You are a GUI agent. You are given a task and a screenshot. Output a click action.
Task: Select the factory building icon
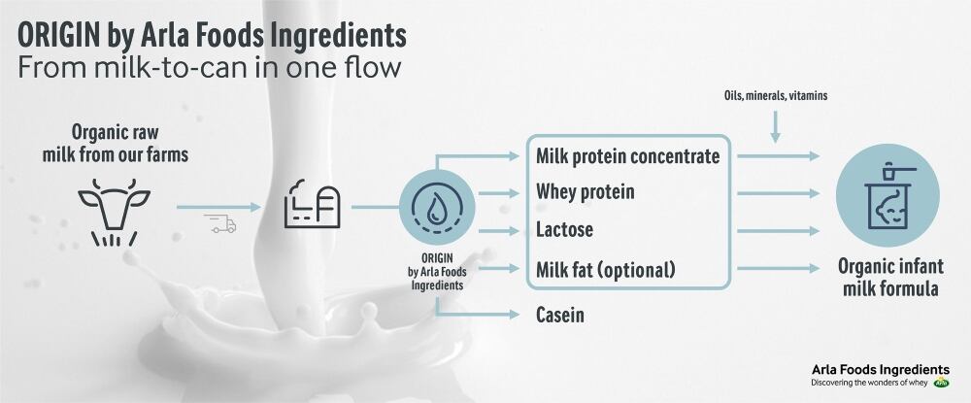[310, 205]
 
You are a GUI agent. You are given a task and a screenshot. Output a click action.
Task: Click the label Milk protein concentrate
[628, 155]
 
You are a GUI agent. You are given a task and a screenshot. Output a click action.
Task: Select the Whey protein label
[586, 192]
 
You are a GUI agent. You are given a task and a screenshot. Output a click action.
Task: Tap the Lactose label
[564, 230]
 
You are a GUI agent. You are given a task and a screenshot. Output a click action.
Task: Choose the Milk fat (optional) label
[605, 268]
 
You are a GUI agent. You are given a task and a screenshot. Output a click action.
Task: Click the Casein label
[561, 315]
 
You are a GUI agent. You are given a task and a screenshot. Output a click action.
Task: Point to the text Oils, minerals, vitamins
[775, 96]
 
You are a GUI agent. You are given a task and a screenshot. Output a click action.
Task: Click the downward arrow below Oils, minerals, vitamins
[775, 127]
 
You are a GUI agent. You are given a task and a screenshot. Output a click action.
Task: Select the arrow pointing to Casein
[480, 313]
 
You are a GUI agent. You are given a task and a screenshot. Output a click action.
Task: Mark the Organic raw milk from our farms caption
[115, 144]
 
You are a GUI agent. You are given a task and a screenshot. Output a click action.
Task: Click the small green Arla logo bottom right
[942, 383]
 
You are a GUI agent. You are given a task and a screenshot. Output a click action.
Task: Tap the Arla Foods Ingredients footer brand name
[880, 369]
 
